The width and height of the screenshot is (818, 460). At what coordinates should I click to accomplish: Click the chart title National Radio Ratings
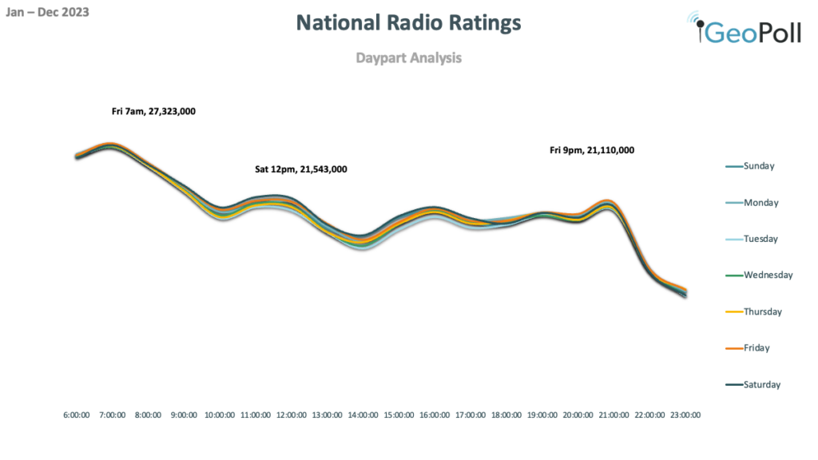pyautogui.click(x=408, y=23)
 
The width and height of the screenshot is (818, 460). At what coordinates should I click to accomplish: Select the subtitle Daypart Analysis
pyautogui.click(x=408, y=57)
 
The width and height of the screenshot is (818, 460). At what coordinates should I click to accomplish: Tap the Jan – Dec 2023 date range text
pyautogui.click(x=47, y=12)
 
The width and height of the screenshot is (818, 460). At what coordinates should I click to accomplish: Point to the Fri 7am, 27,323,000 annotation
pyautogui.click(x=153, y=112)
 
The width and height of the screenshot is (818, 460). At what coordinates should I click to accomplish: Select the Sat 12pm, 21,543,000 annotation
pyautogui.click(x=300, y=169)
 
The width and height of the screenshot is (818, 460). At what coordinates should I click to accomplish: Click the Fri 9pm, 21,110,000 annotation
pyautogui.click(x=592, y=149)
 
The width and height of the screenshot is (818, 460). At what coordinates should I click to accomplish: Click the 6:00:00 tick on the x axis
pyautogui.click(x=77, y=415)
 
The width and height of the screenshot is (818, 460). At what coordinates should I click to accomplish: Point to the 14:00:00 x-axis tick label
pyautogui.click(x=363, y=415)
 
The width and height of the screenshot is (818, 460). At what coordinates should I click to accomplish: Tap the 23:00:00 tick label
pyautogui.click(x=685, y=415)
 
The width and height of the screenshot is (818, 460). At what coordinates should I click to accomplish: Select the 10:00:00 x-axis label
pyautogui.click(x=220, y=415)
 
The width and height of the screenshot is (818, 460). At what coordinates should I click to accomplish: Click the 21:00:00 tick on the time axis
pyautogui.click(x=613, y=415)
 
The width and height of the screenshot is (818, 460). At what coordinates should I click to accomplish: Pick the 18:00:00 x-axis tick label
pyautogui.click(x=506, y=415)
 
